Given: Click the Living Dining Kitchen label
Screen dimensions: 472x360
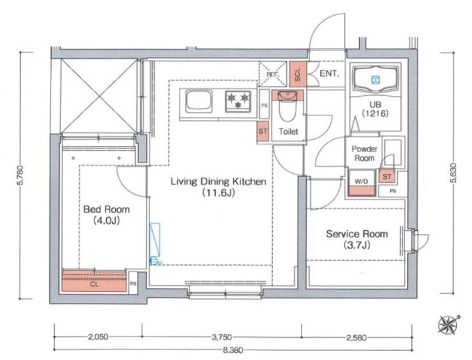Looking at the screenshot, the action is pyautogui.click(x=218, y=187).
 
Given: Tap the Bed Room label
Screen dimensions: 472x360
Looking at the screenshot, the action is pyautogui.click(x=107, y=215).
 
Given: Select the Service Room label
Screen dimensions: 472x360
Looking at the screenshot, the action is pyautogui.click(x=357, y=239).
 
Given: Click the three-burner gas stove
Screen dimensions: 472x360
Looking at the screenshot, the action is pyautogui.click(x=238, y=101).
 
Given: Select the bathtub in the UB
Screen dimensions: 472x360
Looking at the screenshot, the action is pyautogui.click(x=376, y=79).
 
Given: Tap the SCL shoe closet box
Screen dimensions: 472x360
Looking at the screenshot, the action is pyautogui.click(x=298, y=74).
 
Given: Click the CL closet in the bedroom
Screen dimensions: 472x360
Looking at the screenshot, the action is pyautogui.click(x=94, y=281).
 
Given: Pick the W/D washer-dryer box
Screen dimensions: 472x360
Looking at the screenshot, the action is pyautogui.click(x=361, y=183).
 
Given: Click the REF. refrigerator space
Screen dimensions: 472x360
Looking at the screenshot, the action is pyautogui.click(x=273, y=74).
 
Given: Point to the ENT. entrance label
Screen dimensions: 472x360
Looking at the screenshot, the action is pyautogui.click(x=329, y=73).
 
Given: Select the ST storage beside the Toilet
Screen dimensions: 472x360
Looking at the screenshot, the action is pyautogui.click(x=263, y=132).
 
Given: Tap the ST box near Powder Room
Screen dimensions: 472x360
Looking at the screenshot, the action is pyautogui.click(x=387, y=176).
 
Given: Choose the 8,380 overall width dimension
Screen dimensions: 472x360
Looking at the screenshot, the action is pyautogui.click(x=233, y=350).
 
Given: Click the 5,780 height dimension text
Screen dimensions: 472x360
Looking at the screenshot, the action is pyautogui.click(x=22, y=176).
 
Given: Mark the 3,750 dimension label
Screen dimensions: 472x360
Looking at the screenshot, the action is pyautogui.click(x=222, y=337).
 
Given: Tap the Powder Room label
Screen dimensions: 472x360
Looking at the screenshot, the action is pyautogui.click(x=364, y=153).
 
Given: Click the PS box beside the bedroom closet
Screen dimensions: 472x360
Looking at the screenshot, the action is pyautogui.click(x=133, y=283).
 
